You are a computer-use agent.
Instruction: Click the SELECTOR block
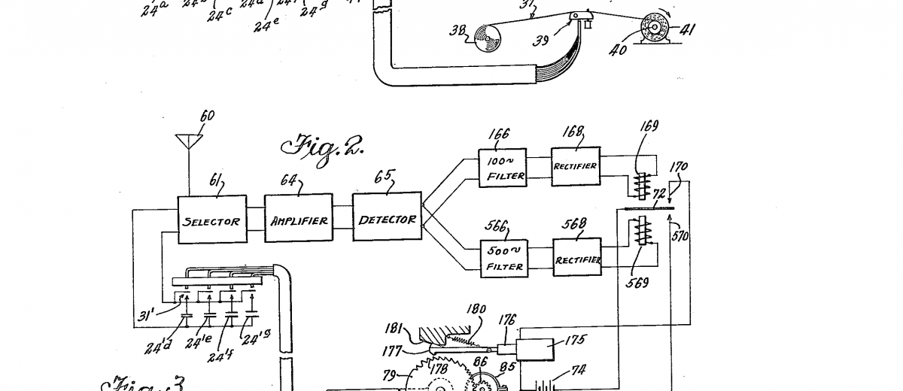point(212,220)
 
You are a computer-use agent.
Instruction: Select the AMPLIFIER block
point(299,219)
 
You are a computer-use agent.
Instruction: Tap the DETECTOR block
point(387,218)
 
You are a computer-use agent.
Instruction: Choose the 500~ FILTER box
point(503,258)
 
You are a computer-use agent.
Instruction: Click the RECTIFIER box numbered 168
point(576,166)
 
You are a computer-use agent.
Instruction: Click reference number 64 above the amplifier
point(289,182)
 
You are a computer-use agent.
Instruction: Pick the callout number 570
point(681,236)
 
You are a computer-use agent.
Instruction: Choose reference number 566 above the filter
point(497,226)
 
